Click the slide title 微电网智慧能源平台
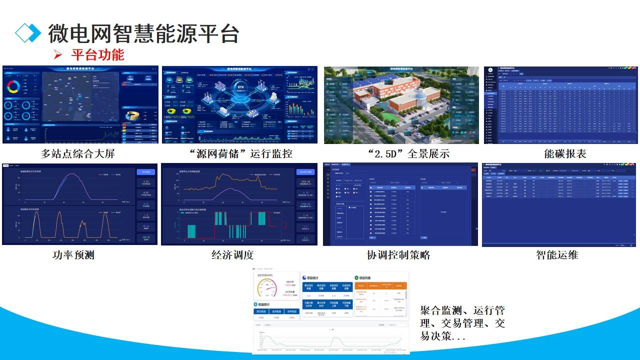point(144,33)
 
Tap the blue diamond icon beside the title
point(28,32)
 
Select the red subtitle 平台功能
point(97,54)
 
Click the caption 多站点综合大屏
point(78,153)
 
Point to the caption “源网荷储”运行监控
point(239,153)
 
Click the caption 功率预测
point(73,255)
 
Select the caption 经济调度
point(232,255)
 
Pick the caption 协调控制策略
point(398,255)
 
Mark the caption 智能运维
point(557,255)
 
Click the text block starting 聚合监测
point(462,323)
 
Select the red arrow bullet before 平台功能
point(57,54)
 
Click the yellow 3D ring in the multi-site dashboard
point(134,115)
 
